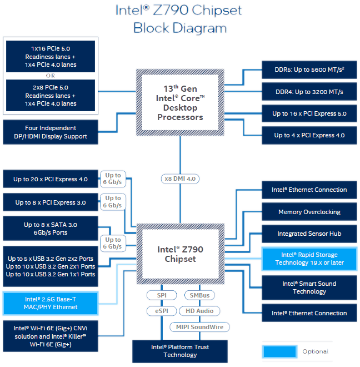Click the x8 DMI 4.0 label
point(180,178)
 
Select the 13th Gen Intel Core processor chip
point(180,102)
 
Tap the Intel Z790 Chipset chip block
point(180,254)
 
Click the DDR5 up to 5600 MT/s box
point(309,71)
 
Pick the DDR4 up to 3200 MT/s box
point(309,92)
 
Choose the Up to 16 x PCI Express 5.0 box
point(309,113)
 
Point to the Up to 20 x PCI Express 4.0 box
point(51,179)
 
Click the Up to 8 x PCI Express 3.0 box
point(51,202)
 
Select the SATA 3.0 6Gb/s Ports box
point(51,229)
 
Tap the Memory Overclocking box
point(309,212)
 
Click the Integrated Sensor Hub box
point(309,234)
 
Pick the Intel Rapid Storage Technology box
point(309,259)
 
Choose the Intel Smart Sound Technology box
point(309,287)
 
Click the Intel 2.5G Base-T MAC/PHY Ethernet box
point(51,303)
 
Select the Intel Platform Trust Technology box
point(180,351)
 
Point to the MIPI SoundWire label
point(199,327)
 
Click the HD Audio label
point(199,311)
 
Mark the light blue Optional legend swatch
point(279,351)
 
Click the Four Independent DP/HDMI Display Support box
point(51,132)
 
